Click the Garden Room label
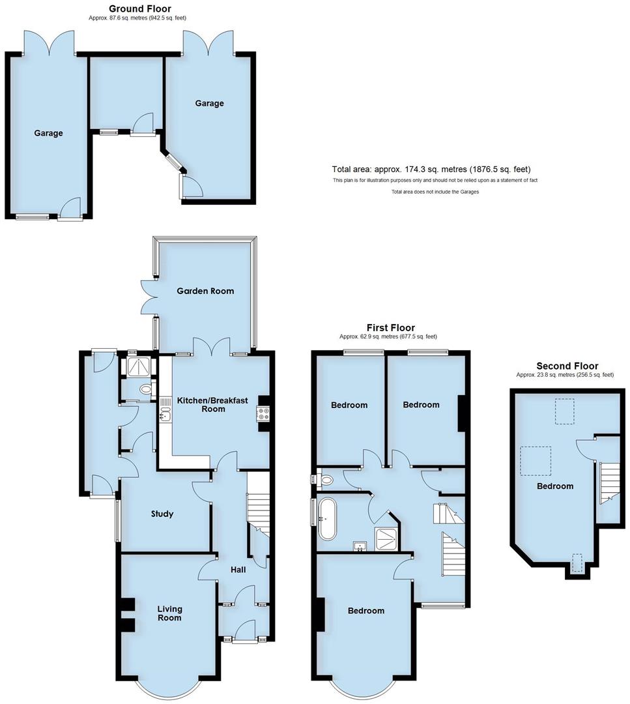pyautogui.click(x=205, y=291)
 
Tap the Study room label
pyautogui.click(x=162, y=514)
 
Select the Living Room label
pyautogui.click(x=169, y=613)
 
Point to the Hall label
pyautogui.click(x=238, y=570)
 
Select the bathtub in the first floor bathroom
pyautogui.click(x=326, y=520)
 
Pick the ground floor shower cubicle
pyautogui.click(x=138, y=368)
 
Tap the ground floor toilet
pyautogui.click(x=145, y=390)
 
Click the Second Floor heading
pyautogui.click(x=567, y=366)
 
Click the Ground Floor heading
pyautogui.click(x=139, y=8)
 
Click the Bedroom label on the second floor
pyautogui.click(x=555, y=486)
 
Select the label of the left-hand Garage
pyautogui.click(x=49, y=133)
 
